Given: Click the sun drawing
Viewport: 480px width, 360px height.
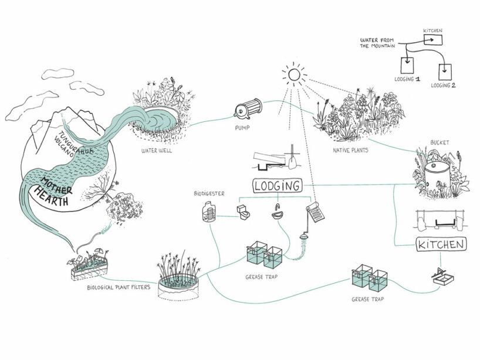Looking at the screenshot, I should (293, 74).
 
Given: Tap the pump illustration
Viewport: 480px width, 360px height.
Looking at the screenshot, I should (248, 108).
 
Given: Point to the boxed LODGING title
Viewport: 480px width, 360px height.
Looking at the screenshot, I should (277, 186).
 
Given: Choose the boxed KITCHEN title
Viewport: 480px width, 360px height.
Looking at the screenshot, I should (441, 244).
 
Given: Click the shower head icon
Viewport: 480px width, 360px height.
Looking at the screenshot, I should (303, 237).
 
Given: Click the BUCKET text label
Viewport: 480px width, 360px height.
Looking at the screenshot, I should (439, 142).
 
